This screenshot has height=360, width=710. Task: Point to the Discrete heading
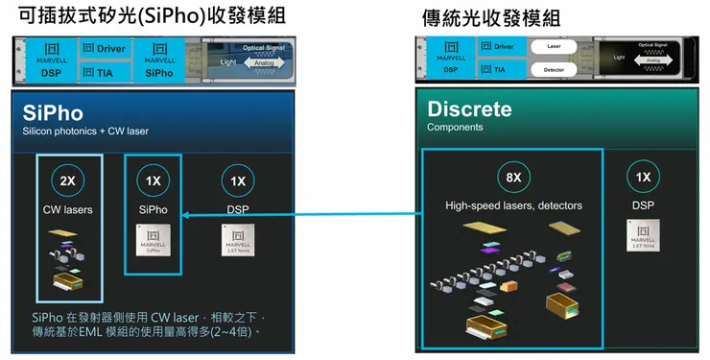pos(469,108)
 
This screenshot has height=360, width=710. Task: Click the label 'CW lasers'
pos(65,208)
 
